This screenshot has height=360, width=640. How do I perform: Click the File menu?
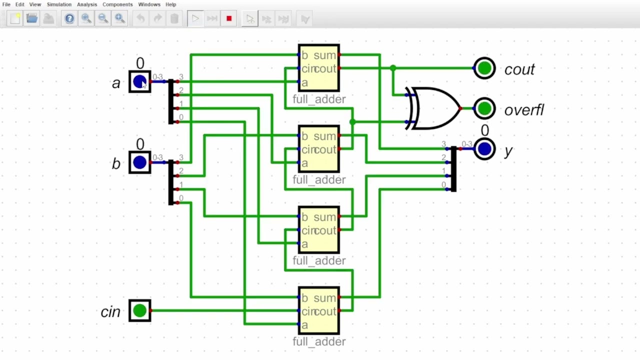pyautogui.click(x=6, y=4)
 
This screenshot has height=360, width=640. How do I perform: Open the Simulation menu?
pyautogui.click(x=59, y=4)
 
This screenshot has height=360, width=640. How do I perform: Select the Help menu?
pyautogui.click(x=170, y=4)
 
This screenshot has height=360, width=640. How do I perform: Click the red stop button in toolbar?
pyautogui.click(x=229, y=19)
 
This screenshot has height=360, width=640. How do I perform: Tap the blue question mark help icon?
pyautogui.click(x=69, y=19)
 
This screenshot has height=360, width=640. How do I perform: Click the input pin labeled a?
pyautogui.click(x=140, y=81)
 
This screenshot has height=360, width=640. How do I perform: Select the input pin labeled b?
pyautogui.click(x=140, y=162)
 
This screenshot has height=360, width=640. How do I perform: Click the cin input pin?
pyautogui.click(x=140, y=310)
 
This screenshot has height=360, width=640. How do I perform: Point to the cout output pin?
pyautogui.click(x=484, y=68)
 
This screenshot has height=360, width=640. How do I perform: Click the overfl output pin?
pyautogui.click(x=484, y=108)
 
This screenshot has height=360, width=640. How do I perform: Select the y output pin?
pyautogui.click(x=484, y=149)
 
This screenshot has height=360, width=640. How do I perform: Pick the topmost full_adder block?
pyautogui.click(x=319, y=68)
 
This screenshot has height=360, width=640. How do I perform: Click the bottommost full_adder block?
pyautogui.click(x=319, y=311)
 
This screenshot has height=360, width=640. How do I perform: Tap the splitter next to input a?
pyautogui.click(x=171, y=101)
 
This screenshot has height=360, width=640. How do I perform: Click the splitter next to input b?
pyautogui.click(x=171, y=182)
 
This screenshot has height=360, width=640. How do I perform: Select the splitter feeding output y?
pyautogui.click(x=453, y=169)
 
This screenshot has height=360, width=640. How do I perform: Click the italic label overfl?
pyautogui.click(x=523, y=110)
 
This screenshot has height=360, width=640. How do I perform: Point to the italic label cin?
pyautogui.click(x=110, y=312)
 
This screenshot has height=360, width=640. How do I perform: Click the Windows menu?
pyautogui.click(x=149, y=4)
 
